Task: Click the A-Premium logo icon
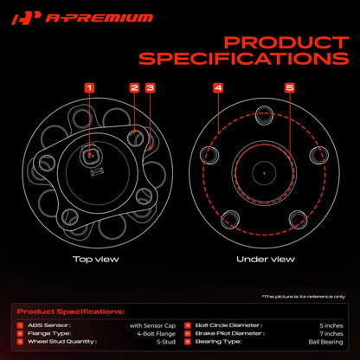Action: pos(26,18)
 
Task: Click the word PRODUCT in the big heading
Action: pos(286,42)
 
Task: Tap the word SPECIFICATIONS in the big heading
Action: pos(244,59)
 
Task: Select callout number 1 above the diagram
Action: pos(89,87)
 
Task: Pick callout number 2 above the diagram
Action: pos(134,87)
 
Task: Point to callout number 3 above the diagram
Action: pos(150,87)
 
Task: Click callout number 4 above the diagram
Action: pos(218,87)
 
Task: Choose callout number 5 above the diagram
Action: pos(290,87)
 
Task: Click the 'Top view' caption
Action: pos(95,259)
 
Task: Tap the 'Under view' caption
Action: pos(266,259)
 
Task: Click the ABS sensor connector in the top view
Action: pos(90,156)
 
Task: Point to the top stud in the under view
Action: pos(264,115)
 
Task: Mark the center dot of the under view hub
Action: pos(264,173)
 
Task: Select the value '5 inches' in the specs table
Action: pos(331,325)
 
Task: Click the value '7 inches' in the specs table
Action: pos(331,334)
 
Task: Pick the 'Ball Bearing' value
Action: pos(325,342)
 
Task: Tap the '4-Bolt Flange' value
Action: pos(156,334)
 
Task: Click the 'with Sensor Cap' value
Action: pos(152,325)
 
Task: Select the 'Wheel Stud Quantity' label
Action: pos(62,342)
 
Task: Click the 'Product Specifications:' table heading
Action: pos(71,312)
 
